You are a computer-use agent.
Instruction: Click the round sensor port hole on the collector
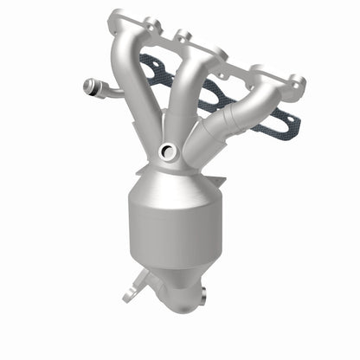pyautogui.click(x=170, y=152)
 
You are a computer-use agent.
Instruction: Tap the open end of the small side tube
pyautogui.click(x=87, y=86)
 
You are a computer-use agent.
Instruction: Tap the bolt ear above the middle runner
pyautogui.click(x=183, y=37)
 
